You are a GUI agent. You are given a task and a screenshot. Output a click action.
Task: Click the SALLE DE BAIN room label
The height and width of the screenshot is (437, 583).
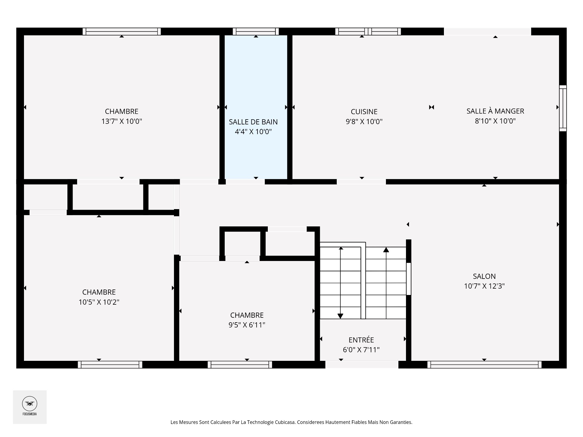click(x=253, y=122)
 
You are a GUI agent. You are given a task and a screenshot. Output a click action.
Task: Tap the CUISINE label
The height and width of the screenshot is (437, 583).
click(x=364, y=112)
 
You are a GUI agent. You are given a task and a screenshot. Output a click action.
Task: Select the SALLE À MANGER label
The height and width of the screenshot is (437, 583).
click(x=495, y=111)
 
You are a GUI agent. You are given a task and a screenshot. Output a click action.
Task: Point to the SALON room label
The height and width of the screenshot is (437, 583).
click(x=484, y=276)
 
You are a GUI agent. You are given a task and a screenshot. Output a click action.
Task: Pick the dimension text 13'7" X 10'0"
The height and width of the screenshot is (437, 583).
click(x=122, y=121)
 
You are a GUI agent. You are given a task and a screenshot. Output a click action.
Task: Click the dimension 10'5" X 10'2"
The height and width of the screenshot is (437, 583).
click(x=99, y=302)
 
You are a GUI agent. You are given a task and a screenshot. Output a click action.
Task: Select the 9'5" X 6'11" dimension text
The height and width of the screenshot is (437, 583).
click(x=247, y=325)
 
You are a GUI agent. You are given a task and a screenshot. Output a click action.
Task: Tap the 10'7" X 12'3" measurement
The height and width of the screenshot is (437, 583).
click(x=484, y=286)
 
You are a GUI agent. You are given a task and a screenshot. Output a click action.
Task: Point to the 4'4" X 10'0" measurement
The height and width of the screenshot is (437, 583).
click(x=253, y=131)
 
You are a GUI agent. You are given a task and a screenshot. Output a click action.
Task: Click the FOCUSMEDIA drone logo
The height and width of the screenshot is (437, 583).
click(x=30, y=404)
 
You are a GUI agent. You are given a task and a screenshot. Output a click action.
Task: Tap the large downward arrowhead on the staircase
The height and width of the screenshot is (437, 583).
click(x=340, y=316)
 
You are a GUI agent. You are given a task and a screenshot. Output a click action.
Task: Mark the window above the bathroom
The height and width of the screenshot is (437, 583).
click(x=256, y=31)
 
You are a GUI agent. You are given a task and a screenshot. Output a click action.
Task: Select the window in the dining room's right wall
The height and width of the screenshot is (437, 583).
click(x=563, y=108)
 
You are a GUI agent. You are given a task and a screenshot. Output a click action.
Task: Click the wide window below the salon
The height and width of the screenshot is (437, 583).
click(x=484, y=364)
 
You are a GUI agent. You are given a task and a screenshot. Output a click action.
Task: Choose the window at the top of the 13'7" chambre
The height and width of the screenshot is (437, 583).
click(x=122, y=31)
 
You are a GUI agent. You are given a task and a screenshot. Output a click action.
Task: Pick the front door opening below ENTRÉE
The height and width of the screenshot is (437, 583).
click(x=362, y=364)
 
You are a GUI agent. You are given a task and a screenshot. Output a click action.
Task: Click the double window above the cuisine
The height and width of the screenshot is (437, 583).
click(x=368, y=31)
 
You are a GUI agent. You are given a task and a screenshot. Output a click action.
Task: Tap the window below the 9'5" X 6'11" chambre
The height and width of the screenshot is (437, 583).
click(x=240, y=364)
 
